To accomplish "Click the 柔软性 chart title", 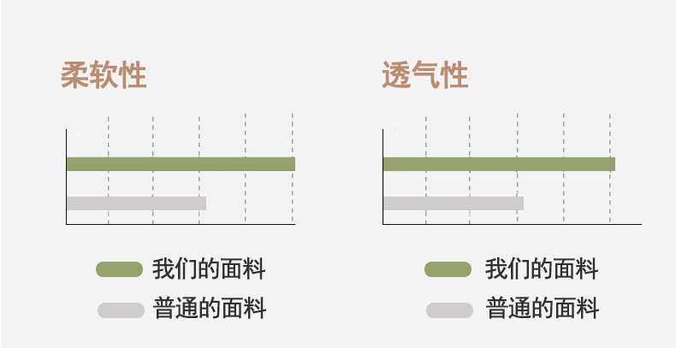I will coord(104,76).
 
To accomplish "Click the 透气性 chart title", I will coord(424,76).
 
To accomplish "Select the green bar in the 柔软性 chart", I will coord(180,163).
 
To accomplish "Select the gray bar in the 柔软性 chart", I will coord(136,203).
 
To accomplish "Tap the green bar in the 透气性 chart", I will coord(499,163).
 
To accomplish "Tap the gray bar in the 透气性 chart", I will coord(453,203).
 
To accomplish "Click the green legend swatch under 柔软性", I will coord(119,270).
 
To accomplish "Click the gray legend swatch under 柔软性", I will coord(121,310).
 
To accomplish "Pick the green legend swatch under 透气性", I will coord(448,270).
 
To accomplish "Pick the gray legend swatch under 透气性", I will coord(450,310).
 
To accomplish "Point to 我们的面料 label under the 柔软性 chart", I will coord(209,270).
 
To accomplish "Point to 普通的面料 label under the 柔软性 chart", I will coord(210,309).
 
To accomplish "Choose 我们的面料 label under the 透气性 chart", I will coord(542,270).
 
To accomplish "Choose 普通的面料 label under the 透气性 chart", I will coord(543,309).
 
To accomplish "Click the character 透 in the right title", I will coord(396,76).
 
